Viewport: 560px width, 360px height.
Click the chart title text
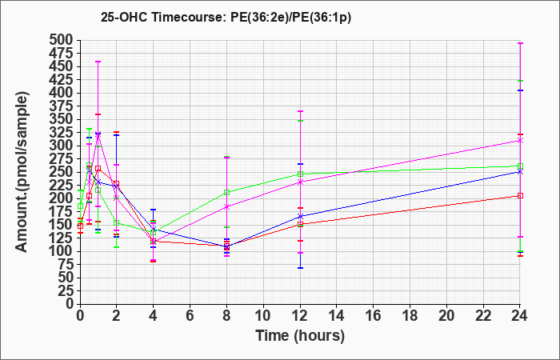click(x=226, y=18)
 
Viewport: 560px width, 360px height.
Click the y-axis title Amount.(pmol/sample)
click(x=22, y=172)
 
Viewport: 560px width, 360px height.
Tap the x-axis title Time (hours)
click(x=300, y=336)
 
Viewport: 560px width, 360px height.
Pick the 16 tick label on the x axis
click(x=374, y=315)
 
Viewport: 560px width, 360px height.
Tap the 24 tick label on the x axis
click(x=520, y=315)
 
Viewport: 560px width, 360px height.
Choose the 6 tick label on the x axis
click(x=190, y=315)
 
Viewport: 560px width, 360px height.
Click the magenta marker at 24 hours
click(x=520, y=141)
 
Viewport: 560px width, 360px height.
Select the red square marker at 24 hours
click(x=520, y=196)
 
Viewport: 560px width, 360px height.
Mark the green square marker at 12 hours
click(x=300, y=174)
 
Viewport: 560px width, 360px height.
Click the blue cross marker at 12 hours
click(x=300, y=217)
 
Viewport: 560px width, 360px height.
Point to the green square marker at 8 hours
click(x=226, y=193)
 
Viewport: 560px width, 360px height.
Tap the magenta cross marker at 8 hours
click(x=226, y=206)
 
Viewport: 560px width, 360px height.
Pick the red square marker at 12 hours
click(x=300, y=225)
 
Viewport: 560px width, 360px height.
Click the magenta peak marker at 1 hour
click(x=98, y=134)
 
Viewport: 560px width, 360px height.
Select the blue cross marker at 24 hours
click(x=520, y=172)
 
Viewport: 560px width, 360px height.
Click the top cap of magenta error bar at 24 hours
click(x=520, y=43)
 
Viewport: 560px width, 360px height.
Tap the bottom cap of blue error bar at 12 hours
click(x=300, y=268)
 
